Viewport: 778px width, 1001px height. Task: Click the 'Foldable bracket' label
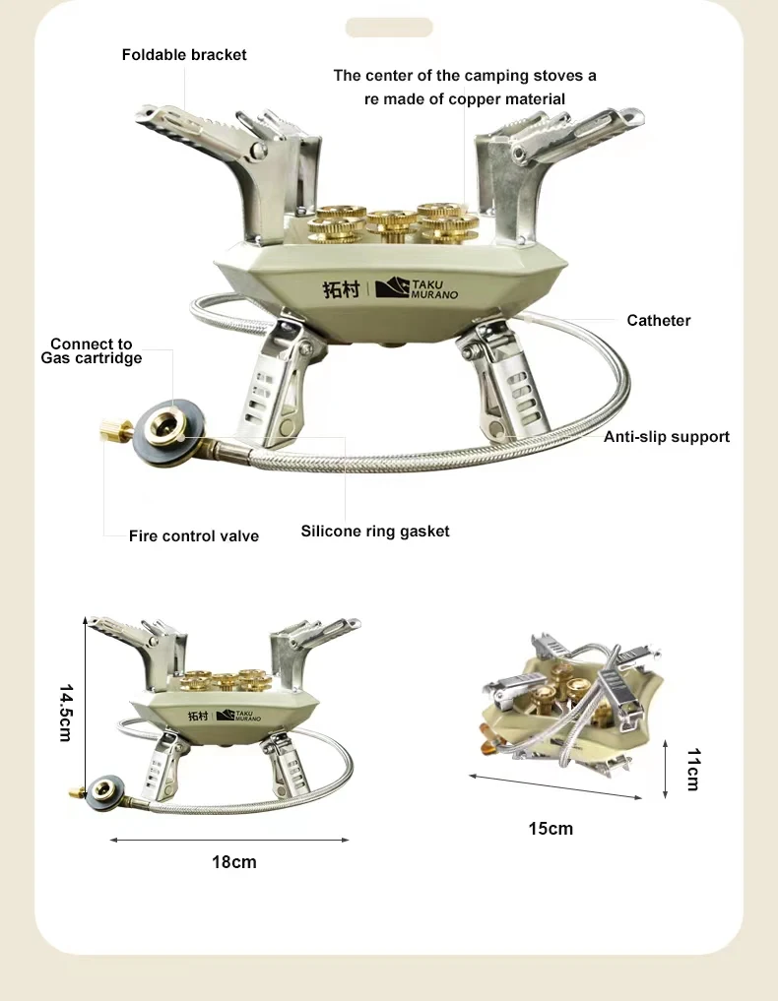tap(184, 55)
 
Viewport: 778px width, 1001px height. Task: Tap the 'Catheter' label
tap(659, 321)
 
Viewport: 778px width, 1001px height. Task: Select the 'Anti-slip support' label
tap(666, 437)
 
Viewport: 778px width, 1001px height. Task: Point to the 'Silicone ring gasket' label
tap(375, 532)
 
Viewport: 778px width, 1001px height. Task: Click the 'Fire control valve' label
tap(194, 536)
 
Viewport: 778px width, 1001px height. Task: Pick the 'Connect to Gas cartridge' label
tap(92, 351)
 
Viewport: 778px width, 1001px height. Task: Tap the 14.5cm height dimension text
tap(66, 713)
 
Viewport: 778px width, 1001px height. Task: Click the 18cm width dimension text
tap(233, 862)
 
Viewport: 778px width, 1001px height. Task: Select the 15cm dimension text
tap(551, 829)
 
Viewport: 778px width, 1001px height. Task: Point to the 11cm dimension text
tap(693, 770)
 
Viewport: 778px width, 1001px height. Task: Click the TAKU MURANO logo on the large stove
tap(417, 288)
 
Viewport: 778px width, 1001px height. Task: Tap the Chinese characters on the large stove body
tap(341, 289)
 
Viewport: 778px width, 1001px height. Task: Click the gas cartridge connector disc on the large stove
tap(170, 432)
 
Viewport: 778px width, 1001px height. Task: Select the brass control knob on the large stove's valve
tap(115, 430)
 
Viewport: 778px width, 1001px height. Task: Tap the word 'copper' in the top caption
tap(474, 99)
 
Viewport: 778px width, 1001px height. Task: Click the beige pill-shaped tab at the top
tap(389, 28)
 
